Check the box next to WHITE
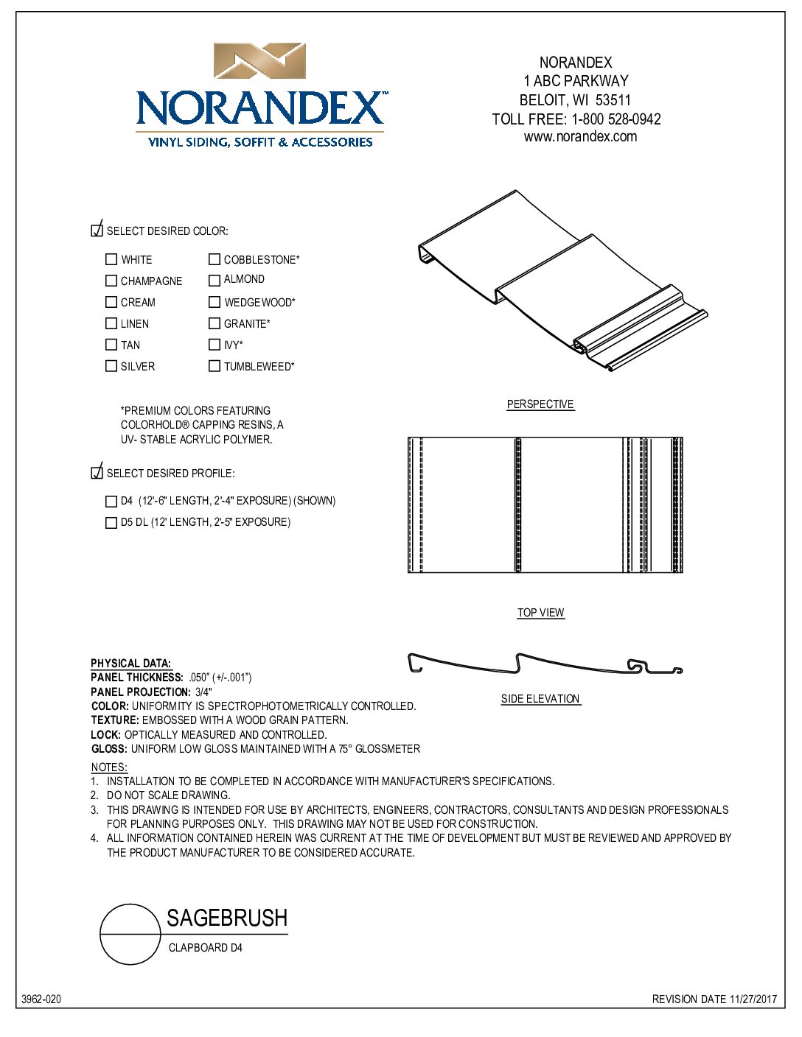pos(111,259)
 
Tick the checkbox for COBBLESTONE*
pos(215,259)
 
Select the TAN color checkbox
pos(111,345)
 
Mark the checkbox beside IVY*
pos(215,345)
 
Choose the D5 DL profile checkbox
pos(111,523)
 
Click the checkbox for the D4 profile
pos(111,502)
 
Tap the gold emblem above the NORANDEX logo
pos(259,61)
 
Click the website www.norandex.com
pos(580,137)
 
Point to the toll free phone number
pos(616,119)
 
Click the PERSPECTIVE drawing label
pos(540,404)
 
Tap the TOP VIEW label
pos(540,613)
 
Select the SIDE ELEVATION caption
pos(540,699)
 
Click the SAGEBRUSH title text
pos(227,918)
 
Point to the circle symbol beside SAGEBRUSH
pos(130,934)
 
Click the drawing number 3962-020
pos(41,999)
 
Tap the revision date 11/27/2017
pos(753,999)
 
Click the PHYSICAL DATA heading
pos(130,664)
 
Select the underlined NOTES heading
pos(109,767)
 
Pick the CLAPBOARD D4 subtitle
pos(205,948)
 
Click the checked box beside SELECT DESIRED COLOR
pos(97,231)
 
